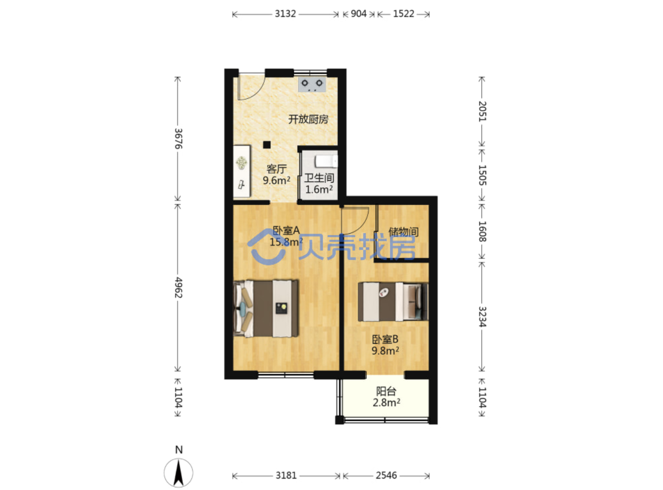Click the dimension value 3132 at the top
pyautogui.click(x=285, y=14)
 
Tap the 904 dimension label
pyautogui.click(x=358, y=14)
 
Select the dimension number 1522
pyautogui.click(x=403, y=14)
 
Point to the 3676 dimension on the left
pyautogui.click(x=179, y=138)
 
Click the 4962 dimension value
pyautogui.click(x=179, y=287)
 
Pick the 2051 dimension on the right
pyautogui.click(x=482, y=111)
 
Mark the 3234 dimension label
pyautogui.click(x=482, y=317)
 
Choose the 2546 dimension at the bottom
pyautogui.click(x=386, y=475)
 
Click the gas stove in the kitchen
pyautogui.click(x=312, y=84)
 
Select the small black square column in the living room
pyautogui.click(x=267, y=145)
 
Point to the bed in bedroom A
pyautogui.click(x=266, y=308)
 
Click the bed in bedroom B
pyautogui.click(x=393, y=301)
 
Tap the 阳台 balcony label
pyautogui.click(x=386, y=391)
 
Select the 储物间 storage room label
pyautogui.click(x=403, y=232)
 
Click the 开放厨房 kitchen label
pyautogui.click(x=308, y=119)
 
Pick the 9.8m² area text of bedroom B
pyautogui.click(x=385, y=351)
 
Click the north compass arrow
pyautogui.click(x=179, y=472)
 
